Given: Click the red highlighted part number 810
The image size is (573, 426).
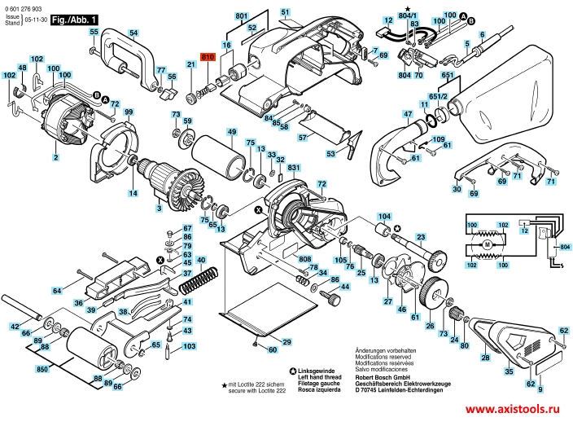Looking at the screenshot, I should click(x=206, y=58).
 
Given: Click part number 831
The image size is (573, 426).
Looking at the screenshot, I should click(x=294, y=169).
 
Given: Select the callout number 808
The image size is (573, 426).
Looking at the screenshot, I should click(x=282, y=259).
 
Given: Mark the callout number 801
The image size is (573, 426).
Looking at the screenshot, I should click(x=242, y=16).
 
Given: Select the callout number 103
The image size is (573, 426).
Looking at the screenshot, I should click(x=190, y=346).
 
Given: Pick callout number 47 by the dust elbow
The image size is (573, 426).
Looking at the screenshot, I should click(x=385, y=116).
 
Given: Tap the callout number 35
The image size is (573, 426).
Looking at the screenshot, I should click(x=509, y=371).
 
